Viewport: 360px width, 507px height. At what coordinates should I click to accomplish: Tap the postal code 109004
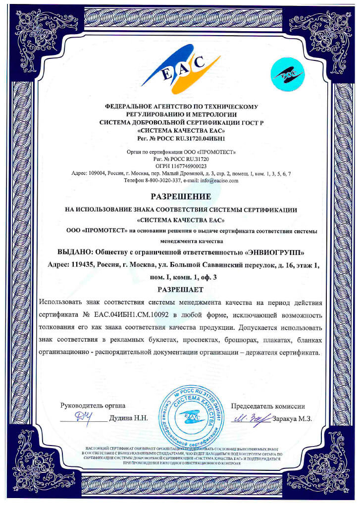pyautogui.click(x=96, y=174)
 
